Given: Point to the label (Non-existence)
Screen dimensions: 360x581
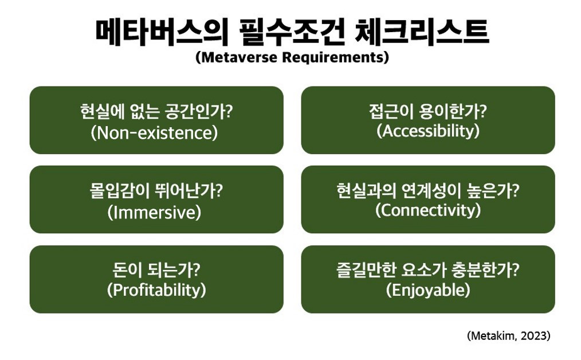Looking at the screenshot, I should click(x=156, y=133).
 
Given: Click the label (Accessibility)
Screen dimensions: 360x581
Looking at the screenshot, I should click(x=428, y=131).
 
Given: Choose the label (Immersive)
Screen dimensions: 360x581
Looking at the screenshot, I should click(x=156, y=213).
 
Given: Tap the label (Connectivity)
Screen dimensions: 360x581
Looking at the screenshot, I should click(x=428, y=210).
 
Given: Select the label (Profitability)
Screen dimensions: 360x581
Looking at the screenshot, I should click(x=156, y=290).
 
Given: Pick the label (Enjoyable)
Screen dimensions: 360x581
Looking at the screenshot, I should click(x=428, y=290).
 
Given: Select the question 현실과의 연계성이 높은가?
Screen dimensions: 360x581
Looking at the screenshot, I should click(x=428, y=190).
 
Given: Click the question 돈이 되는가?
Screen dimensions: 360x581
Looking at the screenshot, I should click(x=156, y=269).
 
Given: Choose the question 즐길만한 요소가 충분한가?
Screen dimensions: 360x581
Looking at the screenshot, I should click(x=428, y=269).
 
